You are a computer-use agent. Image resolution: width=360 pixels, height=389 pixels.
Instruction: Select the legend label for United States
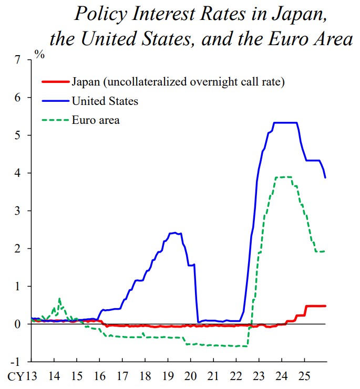(x=105, y=101)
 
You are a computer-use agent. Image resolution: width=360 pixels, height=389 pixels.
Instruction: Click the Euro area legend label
(x=96, y=120)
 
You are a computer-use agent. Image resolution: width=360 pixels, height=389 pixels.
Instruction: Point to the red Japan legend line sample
(x=55, y=82)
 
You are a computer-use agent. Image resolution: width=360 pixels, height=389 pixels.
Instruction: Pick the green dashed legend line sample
(x=55, y=120)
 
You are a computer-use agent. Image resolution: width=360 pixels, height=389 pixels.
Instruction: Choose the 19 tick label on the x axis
(x=168, y=377)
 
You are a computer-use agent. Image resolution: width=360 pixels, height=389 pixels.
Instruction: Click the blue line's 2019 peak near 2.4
(x=173, y=233)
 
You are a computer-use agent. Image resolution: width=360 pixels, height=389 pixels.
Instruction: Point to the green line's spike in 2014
(x=59, y=299)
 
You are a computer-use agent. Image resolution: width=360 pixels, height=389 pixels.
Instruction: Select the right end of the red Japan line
(x=326, y=306)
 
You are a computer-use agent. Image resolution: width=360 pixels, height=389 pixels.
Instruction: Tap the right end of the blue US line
(x=326, y=177)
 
